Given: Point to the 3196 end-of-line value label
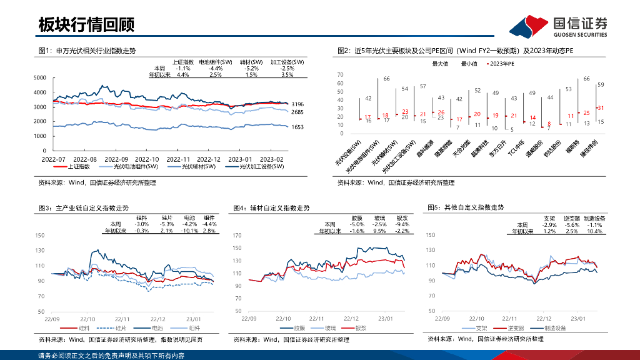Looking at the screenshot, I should pos(297,104).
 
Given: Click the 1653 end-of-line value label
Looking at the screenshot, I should pos(297,127).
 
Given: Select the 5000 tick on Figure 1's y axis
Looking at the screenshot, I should pos(39,77).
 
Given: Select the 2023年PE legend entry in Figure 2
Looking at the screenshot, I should pos(500,64).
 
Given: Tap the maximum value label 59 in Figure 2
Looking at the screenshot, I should pos(601,84).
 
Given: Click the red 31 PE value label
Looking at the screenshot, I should pos(601,108).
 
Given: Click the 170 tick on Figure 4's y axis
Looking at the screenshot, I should pos(237,236).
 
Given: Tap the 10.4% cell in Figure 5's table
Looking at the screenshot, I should pos(595,231).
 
